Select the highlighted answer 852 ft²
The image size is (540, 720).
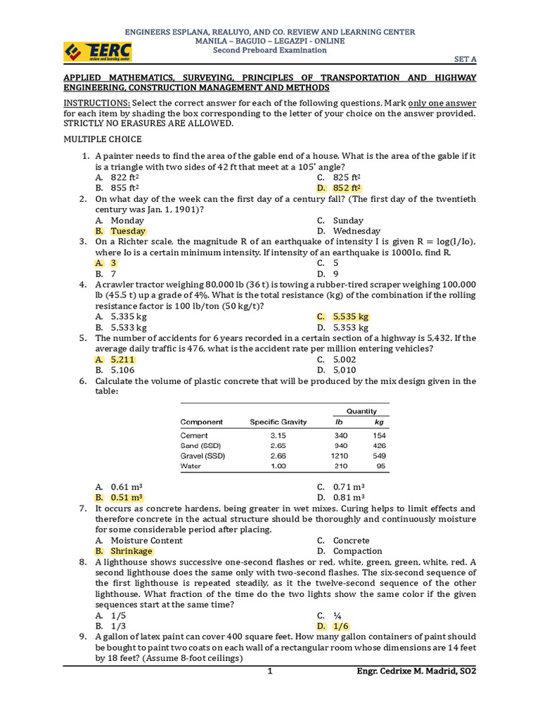[347, 188]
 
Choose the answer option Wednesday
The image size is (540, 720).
[356, 231]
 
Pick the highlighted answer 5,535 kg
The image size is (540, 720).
[351, 317]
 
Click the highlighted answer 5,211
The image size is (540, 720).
[122, 360]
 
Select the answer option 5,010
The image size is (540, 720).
[345, 371]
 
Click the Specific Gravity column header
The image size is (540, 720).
[278, 422]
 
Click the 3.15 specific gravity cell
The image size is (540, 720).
[278, 436]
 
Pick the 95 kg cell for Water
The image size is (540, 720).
[380, 465]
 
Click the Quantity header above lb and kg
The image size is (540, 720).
[361, 411]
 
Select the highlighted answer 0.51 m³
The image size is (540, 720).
[127, 498]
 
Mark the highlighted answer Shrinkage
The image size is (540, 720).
[131, 551]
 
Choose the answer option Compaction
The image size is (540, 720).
[358, 551]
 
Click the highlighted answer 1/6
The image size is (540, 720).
[341, 626]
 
